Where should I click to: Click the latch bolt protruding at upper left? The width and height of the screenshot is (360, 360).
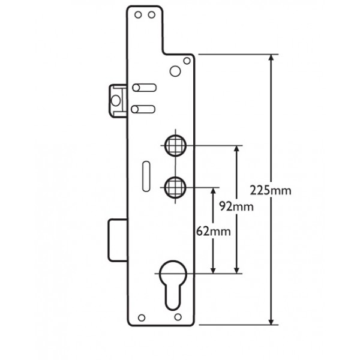coord(118,99)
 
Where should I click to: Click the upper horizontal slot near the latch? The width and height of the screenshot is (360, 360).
coord(145,88)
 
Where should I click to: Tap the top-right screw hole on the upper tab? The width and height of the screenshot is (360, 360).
coord(152,14)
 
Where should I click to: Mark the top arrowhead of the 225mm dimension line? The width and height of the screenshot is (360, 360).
coord(272,58)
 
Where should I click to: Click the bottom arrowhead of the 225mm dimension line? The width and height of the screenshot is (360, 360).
coord(272,322)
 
